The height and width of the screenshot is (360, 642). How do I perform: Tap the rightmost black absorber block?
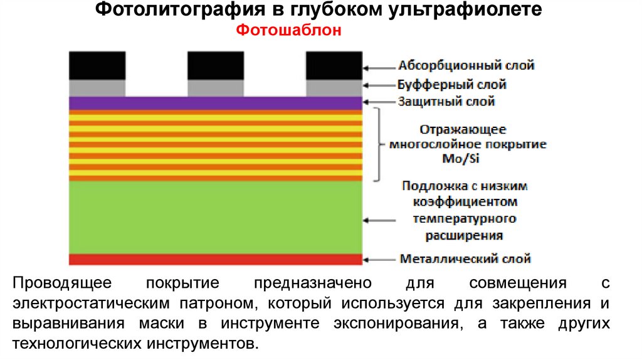click(x=334, y=65)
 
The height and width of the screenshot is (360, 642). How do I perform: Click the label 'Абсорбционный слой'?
click(x=466, y=65)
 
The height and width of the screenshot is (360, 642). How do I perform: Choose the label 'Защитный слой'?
click(x=446, y=101)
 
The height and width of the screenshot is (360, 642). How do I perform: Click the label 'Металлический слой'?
click(x=465, y=258)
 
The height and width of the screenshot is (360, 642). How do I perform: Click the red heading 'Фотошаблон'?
click(x=289, y=31)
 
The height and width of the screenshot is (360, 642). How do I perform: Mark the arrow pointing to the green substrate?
click(x=379, y=220)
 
